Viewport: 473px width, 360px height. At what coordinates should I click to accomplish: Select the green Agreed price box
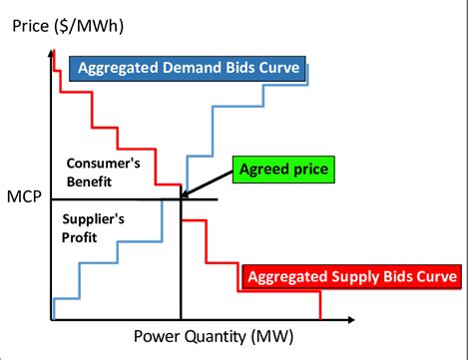[x=282, y=170]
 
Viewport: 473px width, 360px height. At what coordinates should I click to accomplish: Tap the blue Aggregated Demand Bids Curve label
[x=191, y=68]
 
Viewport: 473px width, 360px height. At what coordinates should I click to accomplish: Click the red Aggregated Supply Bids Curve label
[x=351, y=275]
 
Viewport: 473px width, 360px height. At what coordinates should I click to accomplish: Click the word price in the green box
[x=308, y=170]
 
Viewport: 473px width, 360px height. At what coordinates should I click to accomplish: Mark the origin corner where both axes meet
[x=50, y=320]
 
